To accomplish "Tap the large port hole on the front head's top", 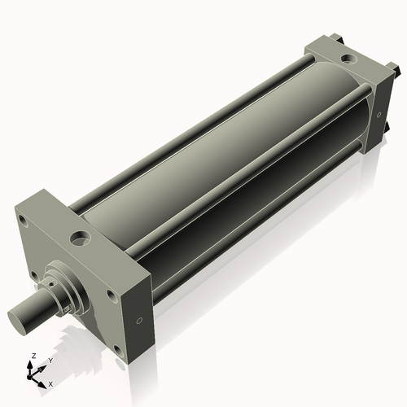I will [x=81, y=239].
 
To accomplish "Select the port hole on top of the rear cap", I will [x=348, y=59].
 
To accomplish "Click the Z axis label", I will [x=33, y=356].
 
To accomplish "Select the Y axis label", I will [x=50, y=359].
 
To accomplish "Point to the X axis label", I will [x=51, y=382].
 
